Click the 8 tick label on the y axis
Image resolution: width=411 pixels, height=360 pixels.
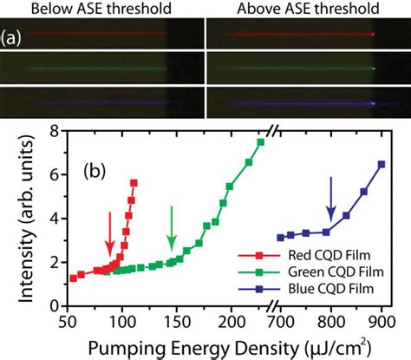point(55,130)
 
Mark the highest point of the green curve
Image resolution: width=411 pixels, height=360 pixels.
point(260,142)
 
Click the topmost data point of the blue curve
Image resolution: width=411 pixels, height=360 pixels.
point(381,164)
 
